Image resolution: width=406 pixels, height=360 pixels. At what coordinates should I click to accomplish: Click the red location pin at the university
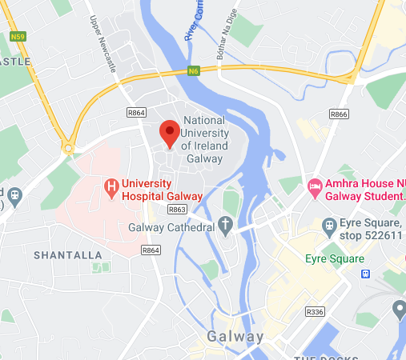pos(169,132)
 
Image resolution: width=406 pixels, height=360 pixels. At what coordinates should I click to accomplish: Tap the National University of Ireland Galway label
pos(205,134)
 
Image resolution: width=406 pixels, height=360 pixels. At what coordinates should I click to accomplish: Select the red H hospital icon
pos(112,190)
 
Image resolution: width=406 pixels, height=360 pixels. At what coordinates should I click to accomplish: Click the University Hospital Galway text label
pos(158,190)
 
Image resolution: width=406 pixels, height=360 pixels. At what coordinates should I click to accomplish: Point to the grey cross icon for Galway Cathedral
pos(226,226)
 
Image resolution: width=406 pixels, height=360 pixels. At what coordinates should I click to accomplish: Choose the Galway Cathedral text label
pos(171,226)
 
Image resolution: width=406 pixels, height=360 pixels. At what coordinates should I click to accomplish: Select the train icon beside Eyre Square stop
pos(329,225)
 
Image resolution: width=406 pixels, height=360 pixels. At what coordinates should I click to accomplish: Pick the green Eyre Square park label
pos(335,258)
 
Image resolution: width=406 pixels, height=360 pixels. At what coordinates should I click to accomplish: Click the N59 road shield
pos(17,36)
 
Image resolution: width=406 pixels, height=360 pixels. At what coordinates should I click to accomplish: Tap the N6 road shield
pos(193,70)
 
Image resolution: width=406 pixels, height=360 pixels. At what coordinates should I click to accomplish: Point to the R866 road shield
pos(339,114)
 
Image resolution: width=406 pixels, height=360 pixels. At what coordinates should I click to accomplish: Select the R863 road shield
pos(177,209)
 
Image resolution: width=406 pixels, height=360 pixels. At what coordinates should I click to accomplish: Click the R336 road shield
pos(316,311)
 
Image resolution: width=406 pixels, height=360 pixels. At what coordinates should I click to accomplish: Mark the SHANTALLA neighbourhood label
pos(68,254)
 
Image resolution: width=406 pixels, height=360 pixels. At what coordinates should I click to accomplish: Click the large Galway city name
pos(235,336)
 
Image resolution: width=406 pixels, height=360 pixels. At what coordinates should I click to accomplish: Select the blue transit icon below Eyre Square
pos(366,274)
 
